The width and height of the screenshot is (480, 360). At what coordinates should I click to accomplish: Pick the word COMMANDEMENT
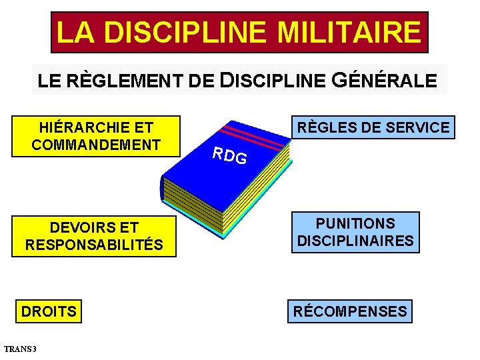[96, 145]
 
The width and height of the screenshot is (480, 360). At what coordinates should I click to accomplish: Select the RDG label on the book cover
[229, 155]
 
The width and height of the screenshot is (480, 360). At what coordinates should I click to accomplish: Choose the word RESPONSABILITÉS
[94, 245]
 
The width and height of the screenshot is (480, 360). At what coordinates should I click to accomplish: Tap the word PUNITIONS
[355, 224]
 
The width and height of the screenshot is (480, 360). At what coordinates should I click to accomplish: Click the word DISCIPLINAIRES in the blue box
[355, 241]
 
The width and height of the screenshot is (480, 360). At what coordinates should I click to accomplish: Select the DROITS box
[49, 311]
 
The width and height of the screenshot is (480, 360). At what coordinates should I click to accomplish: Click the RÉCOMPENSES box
[350, 311]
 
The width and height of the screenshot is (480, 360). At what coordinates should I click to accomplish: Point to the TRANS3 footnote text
[21, 349]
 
